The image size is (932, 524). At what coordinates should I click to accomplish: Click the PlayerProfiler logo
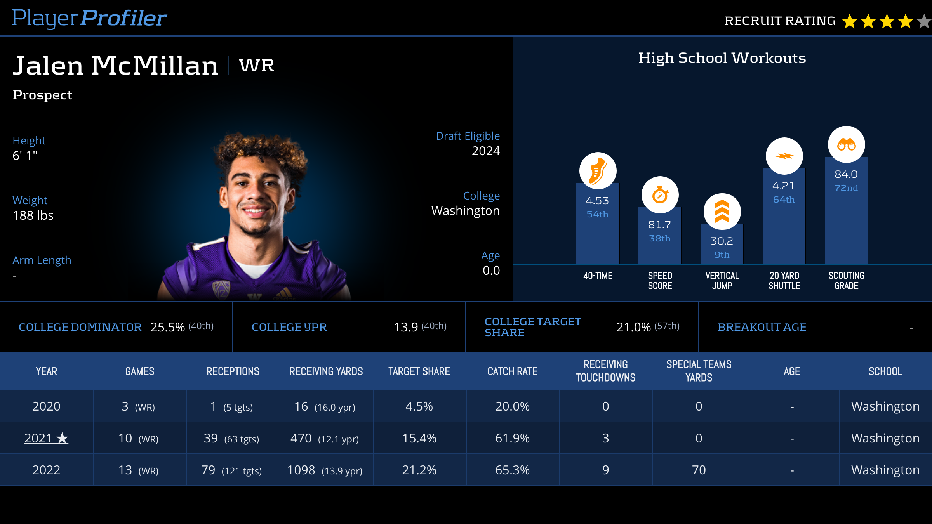[89, 18]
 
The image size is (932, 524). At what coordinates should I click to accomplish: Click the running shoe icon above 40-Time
[598, 171]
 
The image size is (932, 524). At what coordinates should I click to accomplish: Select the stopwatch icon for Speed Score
[660, 195]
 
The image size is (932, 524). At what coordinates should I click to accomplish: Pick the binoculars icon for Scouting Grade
[846, 145]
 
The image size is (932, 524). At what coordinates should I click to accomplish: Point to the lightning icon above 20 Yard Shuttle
[784, 156]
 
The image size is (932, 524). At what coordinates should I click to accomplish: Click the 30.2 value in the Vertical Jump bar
[722, 241]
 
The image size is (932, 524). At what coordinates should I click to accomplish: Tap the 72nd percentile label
[846, 188]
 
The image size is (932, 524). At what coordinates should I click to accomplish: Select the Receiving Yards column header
[326, 371]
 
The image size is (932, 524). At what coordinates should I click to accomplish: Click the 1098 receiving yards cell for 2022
[301, 470]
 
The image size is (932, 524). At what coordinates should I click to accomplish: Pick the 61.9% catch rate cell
[512, 438]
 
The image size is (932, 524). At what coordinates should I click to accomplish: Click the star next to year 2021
[62, 438]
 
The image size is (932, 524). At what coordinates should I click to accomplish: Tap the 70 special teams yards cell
[699, 470]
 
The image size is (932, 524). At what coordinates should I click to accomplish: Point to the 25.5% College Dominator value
[168, 327]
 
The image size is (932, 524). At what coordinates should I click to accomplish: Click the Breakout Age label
[762, 327]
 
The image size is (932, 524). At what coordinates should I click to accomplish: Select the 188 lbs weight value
[33, 215]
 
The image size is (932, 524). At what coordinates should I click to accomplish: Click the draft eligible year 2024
[485, 151]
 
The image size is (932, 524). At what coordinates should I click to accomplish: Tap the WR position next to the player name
[256, 65]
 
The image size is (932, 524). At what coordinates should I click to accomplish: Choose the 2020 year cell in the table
[46, 406]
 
